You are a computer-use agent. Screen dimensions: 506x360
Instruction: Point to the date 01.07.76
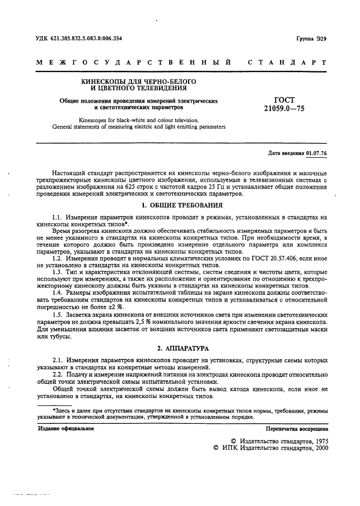point(317,153)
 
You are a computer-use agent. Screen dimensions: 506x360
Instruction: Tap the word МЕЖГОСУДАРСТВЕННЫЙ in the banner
point(135,63)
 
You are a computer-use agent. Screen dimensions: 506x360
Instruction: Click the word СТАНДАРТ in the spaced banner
point(287,63)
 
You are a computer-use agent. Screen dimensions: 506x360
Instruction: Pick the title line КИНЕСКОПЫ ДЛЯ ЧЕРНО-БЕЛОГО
point(138,81)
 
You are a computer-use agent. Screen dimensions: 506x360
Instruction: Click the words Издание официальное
point(66,429)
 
